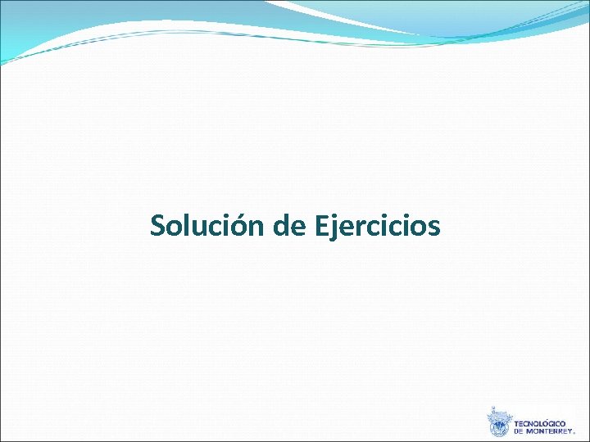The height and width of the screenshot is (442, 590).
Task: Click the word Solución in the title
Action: pos(208,225)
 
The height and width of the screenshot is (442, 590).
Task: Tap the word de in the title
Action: pos(289,225)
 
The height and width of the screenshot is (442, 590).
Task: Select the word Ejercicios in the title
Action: pos(377,227)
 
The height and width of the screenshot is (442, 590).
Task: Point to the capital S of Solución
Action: pos(158,225)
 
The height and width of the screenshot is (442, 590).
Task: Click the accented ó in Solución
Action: pos(243,225)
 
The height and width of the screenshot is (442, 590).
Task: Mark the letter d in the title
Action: pos(282,224)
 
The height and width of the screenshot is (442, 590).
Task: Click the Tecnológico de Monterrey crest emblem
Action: pos(498,422)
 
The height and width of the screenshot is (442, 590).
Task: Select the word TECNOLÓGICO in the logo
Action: pos(540,424)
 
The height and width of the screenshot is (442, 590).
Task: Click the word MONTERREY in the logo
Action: pos(554,431)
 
